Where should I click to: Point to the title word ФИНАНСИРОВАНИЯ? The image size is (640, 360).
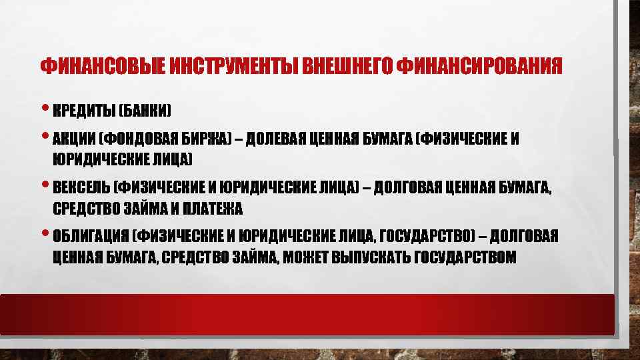[478, 67]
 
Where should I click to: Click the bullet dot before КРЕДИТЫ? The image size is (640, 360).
[45, 109]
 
